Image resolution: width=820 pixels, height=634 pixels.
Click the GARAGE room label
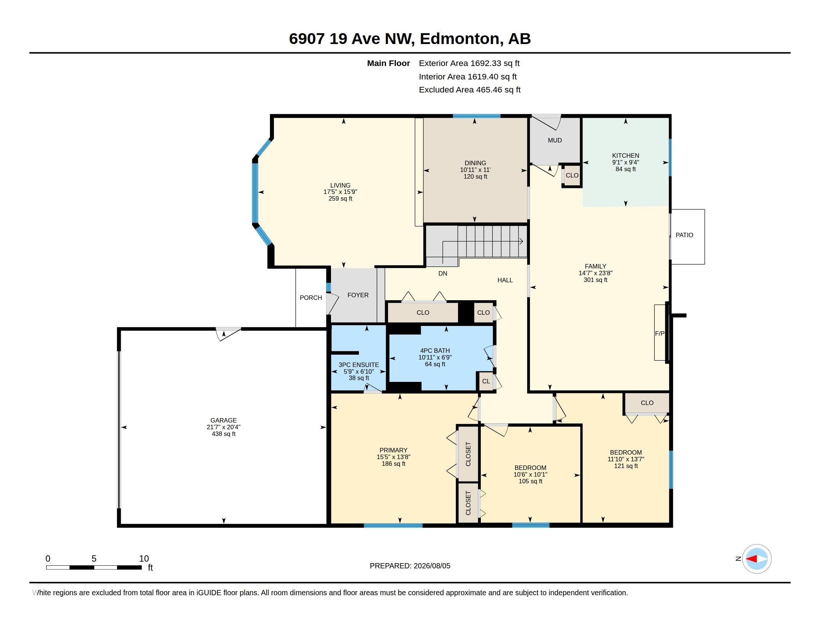pos(223,420)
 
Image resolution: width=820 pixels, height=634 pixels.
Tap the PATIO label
pos(684,235)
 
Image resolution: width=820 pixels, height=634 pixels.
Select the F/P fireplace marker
pos(660,333)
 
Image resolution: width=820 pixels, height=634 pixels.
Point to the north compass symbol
pos(757,559)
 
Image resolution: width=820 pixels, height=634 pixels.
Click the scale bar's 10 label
pos(144,559)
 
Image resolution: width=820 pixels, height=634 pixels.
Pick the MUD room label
pos(555,141)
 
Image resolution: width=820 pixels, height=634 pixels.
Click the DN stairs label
pos(443,273)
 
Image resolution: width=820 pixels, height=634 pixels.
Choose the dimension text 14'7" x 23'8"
pos(596,273)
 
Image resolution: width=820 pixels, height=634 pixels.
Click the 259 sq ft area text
pos(340,198)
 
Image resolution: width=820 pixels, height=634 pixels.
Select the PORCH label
pos(310,298)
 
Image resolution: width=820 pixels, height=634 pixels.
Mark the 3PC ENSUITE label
pos(359,365)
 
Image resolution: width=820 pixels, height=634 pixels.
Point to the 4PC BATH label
pos(435,351)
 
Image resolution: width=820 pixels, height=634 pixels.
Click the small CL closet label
pos(486,381)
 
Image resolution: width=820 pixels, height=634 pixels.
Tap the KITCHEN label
pos(625,156)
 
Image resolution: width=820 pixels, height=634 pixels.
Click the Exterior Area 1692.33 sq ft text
pos(469,63)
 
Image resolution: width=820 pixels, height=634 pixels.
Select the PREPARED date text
pos(410,566)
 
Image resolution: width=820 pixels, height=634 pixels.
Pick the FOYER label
pos(358,295)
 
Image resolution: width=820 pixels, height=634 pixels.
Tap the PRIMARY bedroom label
pos(393,450)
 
